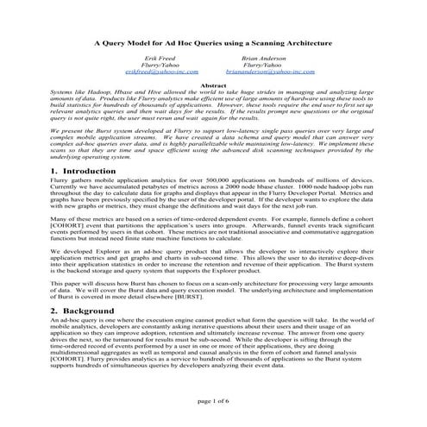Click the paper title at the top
click(x=213, y=40)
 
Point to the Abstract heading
click(x=213, y=85)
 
